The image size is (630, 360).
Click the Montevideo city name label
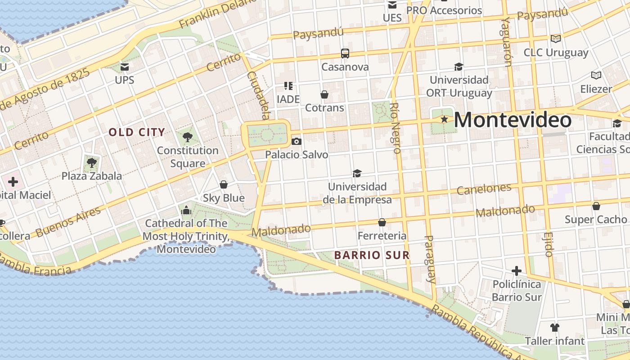click(x=513, y=120)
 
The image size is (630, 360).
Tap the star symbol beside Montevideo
click(x=445, y=119)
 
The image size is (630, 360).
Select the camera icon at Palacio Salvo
click(x=296, y=141)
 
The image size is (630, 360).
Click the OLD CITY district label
click(x=137, y=132)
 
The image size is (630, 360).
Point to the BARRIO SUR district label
click(x=372, y=255)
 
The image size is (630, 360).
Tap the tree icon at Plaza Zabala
click(x=92, y=162)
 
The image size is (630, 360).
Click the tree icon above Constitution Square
click(x=188, y=137)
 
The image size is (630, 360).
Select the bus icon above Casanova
click(x=345, y=54)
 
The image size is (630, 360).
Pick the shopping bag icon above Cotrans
click(x=324, y=94)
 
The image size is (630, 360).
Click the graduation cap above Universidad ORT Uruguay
click(x=459, y=67)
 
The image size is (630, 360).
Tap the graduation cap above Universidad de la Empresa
click(x=357, y=173)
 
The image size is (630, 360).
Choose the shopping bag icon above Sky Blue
click(x=223, y=184)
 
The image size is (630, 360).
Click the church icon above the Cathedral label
click(x=186, y=210)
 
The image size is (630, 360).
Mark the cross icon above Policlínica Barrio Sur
click(x=516, y=271)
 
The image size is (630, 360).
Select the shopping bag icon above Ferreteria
click(x=382, y=222)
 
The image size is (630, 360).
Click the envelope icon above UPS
click(x=125, y=67)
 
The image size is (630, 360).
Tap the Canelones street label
click(x=484, y=189)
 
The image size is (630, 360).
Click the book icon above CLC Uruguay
click(x=556, y=39)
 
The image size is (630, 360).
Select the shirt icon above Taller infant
click(x=554, y=327)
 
